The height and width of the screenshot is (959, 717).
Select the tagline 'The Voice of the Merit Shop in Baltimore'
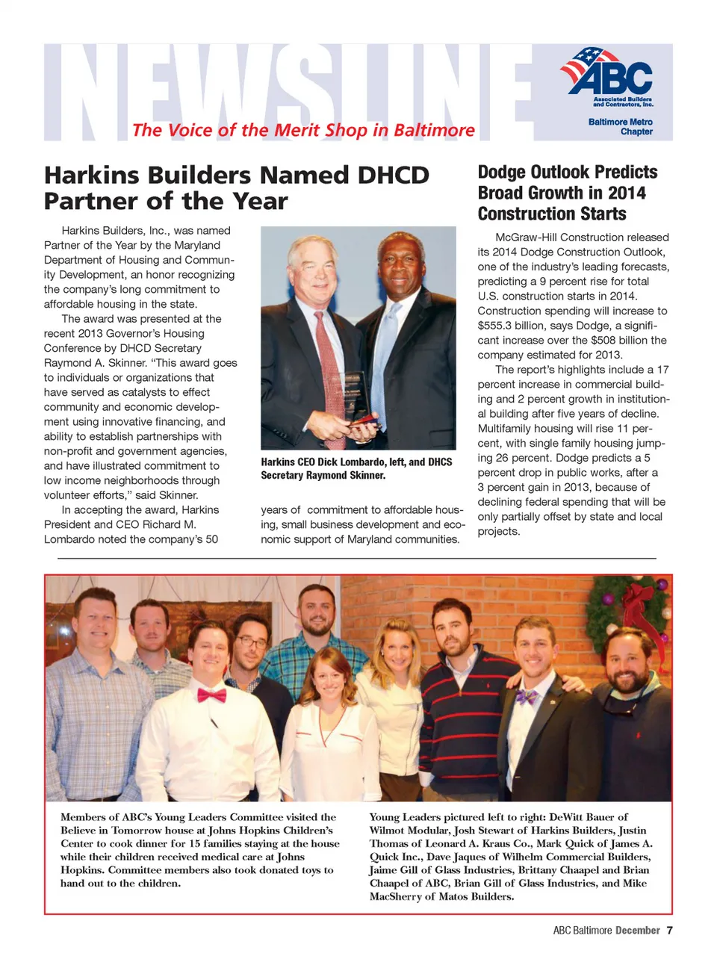[303, 131]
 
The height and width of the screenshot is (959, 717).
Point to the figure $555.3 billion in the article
[510, 326]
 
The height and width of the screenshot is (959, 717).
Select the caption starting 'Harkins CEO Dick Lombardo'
[356, 468]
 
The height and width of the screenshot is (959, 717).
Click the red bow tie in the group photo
[211, 696]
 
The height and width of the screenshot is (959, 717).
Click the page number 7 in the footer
[669, 931]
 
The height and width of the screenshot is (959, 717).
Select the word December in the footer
[637, 931]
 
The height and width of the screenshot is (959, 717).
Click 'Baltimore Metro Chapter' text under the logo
[621, 127]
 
